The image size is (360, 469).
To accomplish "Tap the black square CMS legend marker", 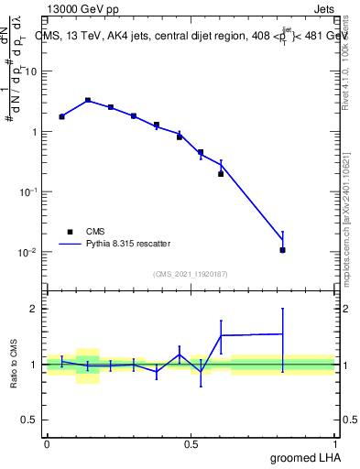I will (70, 232).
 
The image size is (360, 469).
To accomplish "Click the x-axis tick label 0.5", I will (191, 444).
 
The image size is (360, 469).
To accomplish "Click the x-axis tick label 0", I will (47, 444).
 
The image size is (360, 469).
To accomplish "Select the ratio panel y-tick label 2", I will (35, 309).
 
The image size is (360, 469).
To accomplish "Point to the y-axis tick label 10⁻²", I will (29, 252).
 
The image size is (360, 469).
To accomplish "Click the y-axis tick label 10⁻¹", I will (29, 191).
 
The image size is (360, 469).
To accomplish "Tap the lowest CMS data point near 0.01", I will (283, 250).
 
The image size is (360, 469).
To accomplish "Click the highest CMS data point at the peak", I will (88, 100).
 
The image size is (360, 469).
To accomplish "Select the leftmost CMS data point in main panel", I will (61, 116).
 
